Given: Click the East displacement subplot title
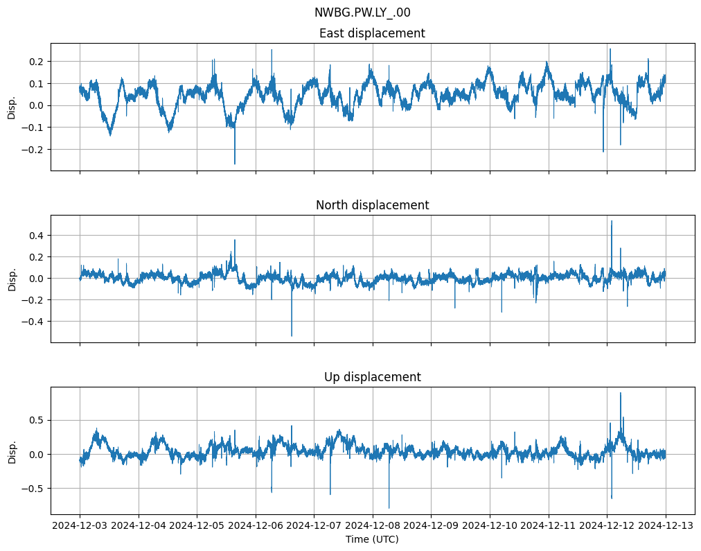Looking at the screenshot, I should point(372,33).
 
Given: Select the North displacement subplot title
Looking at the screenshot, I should point(372,205).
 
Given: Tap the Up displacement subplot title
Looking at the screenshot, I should point(372,377).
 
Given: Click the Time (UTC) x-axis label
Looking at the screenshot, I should point(372,539).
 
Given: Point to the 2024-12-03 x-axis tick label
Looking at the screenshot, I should point(80,526).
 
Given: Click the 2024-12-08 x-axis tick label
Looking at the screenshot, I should point(373,526).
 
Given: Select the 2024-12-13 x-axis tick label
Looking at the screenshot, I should point(666,526).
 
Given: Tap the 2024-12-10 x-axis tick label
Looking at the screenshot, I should point(490,526).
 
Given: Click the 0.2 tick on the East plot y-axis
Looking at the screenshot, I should point(35,62).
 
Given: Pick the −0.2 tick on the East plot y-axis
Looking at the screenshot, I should point(33,150).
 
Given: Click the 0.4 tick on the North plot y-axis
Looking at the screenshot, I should point(35,236).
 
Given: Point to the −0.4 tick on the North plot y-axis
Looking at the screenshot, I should point(33,322).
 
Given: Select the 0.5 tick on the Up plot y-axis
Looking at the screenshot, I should point(35,420).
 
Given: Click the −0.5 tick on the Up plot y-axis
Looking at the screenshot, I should point(33,489).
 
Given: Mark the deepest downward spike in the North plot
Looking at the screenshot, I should point(292,336).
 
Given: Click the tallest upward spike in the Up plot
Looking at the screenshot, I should point(620,393).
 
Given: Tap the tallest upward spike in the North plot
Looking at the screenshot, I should point(611,221).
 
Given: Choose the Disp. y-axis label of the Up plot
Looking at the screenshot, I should point(12,451).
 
